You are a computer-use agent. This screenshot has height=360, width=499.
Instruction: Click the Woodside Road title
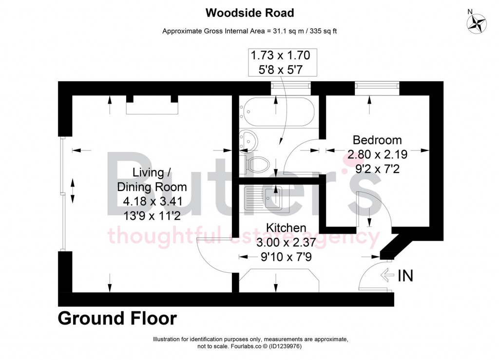(249, 13)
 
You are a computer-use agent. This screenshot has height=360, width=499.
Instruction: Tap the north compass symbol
(477, 23)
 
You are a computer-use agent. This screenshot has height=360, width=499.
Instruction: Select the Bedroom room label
(377, 140)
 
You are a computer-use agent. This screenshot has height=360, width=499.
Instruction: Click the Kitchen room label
(286, 227)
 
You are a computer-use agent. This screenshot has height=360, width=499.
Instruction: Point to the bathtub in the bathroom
(277, 112)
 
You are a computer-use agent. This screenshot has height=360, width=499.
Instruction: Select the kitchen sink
(267, 199)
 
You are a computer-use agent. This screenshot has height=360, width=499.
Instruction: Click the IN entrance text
(405, 275)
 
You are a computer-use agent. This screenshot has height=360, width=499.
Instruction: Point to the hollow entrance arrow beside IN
(387, 275)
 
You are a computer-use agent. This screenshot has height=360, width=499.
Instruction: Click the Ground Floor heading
(117, 318)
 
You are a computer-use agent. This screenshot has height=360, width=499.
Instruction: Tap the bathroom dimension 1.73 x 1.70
(280, 56)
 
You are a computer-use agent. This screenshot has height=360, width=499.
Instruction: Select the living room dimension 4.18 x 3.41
(153, 201)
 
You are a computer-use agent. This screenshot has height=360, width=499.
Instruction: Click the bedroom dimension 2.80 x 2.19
(378, 154)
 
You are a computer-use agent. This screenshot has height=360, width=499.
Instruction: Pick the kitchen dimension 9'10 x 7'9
(286, 257)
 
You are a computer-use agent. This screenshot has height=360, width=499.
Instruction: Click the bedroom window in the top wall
(377, 85)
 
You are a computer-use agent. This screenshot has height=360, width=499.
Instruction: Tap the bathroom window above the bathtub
(290, 85)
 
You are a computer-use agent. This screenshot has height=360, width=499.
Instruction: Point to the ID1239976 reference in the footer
(285, 346)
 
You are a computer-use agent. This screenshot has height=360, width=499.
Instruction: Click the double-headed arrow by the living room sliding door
(73, 191)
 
